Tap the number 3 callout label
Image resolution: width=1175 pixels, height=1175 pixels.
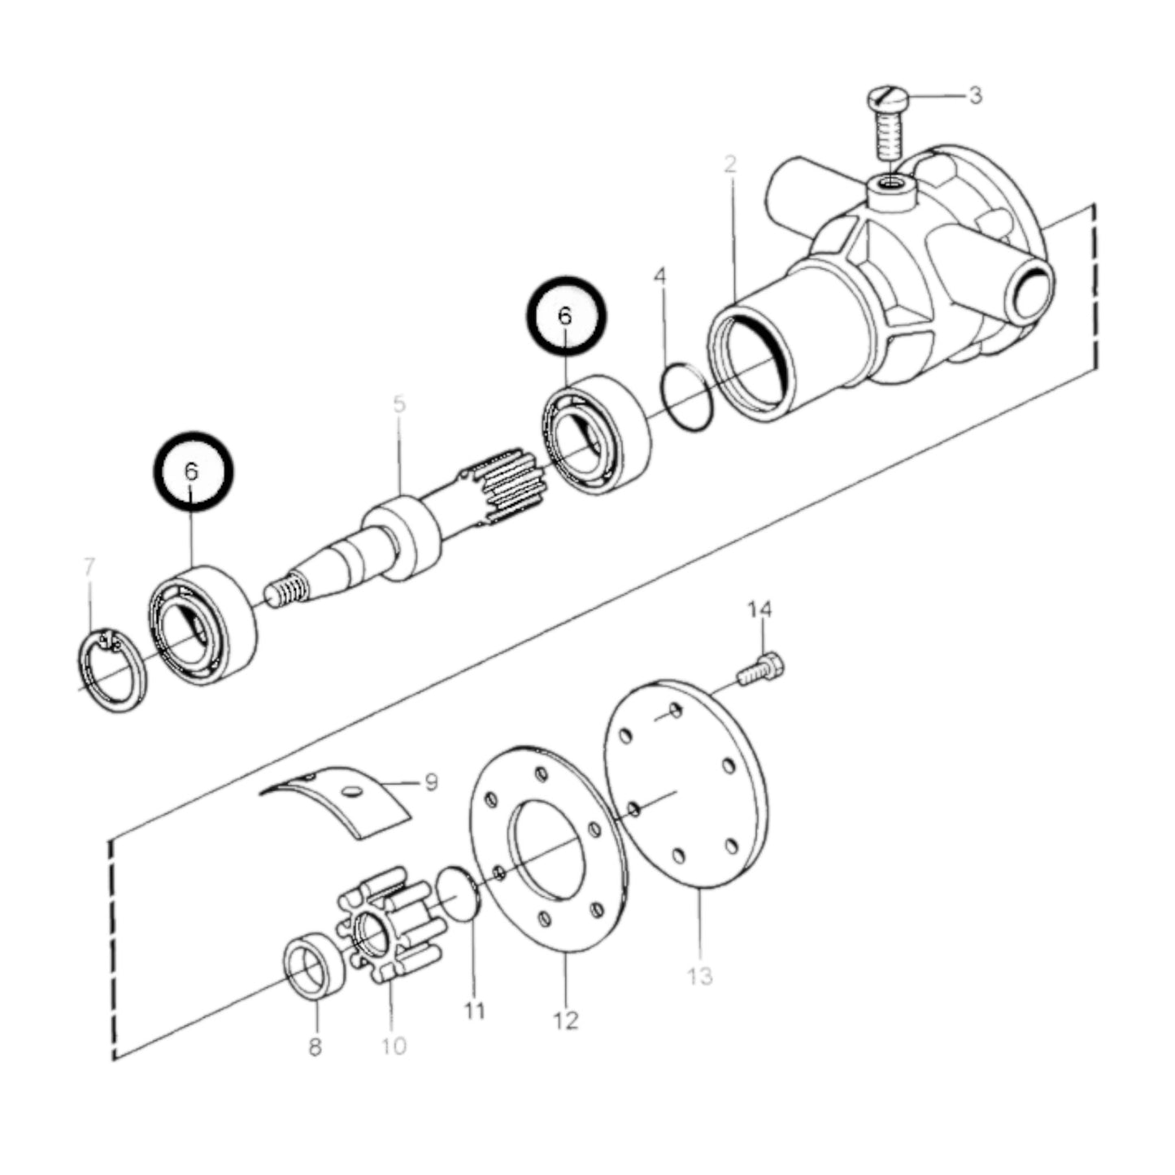(x=974, y=95)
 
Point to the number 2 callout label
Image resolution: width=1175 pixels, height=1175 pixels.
(x=731, y=165)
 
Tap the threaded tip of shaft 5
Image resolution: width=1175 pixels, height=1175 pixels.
(x=286, y=590)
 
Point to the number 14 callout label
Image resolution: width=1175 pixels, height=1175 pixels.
(x=760, y=610)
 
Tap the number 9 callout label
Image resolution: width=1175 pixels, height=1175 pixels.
(x=430, y=782)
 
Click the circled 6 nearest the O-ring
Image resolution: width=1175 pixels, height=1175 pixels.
(x=566, y=316)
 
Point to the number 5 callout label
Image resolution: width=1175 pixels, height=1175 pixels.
(x=398, y=404)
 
